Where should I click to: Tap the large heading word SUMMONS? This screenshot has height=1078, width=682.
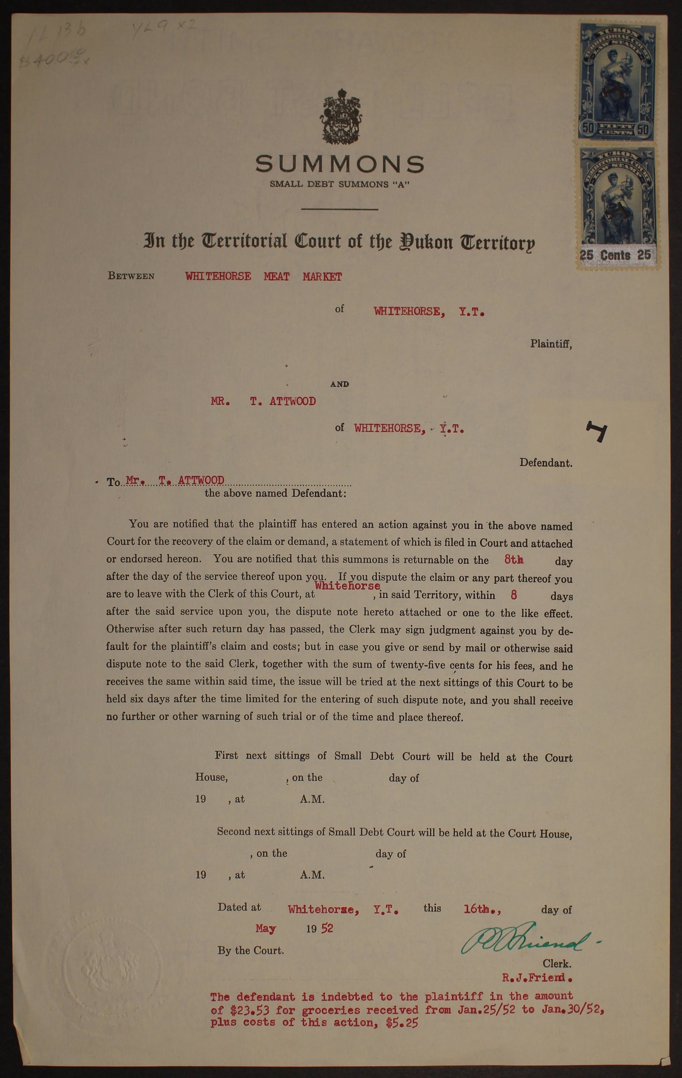pos(340,164)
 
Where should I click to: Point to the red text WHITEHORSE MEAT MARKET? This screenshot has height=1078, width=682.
pos(263,277)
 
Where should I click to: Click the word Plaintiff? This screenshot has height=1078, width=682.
pos(551,344)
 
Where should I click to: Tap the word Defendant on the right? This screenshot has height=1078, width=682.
pos(546,463)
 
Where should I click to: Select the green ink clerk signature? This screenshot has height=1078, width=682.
pos(523,942)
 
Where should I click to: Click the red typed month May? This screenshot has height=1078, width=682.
pos(266,929)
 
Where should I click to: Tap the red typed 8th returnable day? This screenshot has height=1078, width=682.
pos(514,559)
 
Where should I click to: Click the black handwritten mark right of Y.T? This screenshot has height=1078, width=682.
pos(598,431)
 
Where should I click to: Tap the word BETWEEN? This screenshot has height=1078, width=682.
pos(131,276)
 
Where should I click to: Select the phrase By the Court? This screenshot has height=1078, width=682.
pos(251,950)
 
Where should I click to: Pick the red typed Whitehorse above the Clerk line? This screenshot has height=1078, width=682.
pos(347,586)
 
